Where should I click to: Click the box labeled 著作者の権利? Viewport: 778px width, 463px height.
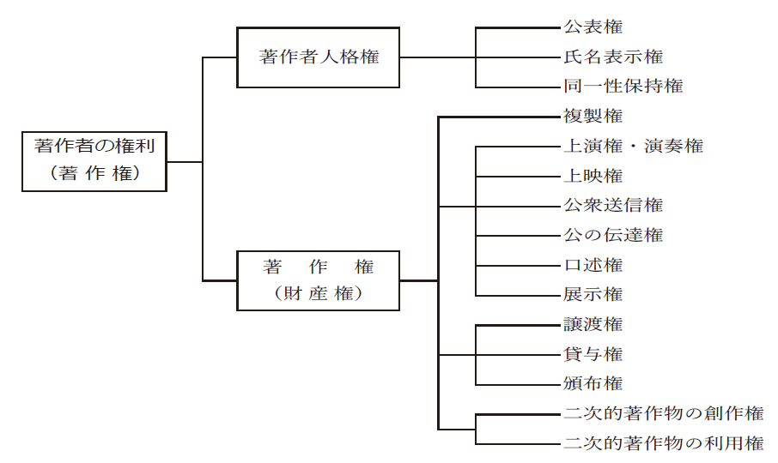pos(94,160)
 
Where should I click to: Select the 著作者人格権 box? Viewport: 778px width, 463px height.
pos(318,57)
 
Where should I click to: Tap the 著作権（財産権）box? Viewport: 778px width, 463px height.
pos(318,280)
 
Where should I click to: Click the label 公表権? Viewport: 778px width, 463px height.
pos(593,27)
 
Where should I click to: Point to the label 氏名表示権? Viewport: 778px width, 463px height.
pos(613,57)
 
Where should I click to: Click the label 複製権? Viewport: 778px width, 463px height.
pos(593,116)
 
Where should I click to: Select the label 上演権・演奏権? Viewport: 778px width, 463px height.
pos(633,146)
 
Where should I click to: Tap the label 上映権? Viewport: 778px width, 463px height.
pos(593,176)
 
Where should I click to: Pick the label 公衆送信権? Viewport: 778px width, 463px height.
pos(613,205)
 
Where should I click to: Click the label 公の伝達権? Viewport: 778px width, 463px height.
pos(613,235)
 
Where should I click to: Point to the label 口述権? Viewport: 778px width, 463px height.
pos(593,265)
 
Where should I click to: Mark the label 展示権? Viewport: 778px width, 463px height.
pos(593,294)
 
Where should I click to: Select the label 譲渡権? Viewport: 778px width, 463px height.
pos(593,324)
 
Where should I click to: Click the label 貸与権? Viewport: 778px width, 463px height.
pos(593,354)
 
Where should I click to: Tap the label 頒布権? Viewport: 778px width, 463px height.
pos(593,383)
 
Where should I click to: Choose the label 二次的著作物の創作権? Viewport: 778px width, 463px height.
pos(664,413)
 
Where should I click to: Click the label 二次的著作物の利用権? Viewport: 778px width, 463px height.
pos(664,443)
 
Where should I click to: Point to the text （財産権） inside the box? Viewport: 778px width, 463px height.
pos(318,293)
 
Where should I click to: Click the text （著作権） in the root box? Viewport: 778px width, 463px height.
pos(94,173)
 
